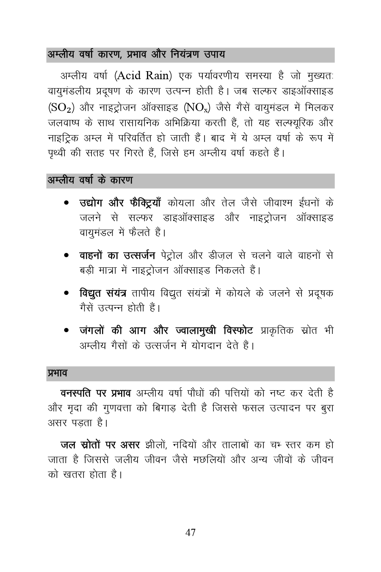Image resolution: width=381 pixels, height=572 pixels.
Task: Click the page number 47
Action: point(190,532)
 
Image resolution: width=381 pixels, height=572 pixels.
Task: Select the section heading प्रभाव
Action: point(57,373)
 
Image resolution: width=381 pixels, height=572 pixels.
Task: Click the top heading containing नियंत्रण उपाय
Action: point(136,55)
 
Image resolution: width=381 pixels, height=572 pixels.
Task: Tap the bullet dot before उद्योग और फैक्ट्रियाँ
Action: point(67,203)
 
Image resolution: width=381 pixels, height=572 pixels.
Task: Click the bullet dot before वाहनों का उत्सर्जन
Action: point(67,256)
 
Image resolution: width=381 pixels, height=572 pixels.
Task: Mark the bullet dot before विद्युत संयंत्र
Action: point(67,293)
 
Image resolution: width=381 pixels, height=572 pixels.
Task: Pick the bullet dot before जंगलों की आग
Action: point(67,330)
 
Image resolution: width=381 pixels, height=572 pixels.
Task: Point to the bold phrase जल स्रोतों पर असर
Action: point(100,445)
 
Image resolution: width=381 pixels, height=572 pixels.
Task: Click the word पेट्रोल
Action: point(172,256)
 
